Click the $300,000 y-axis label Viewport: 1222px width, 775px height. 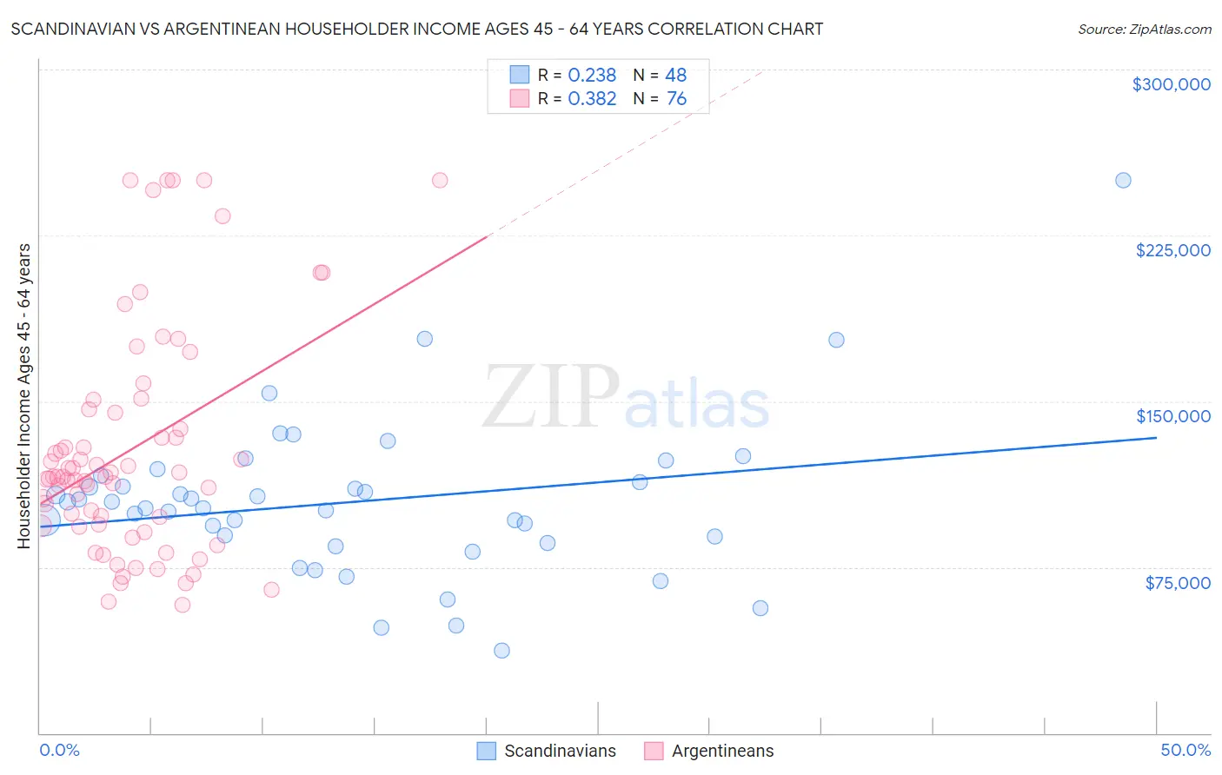(1171, 84)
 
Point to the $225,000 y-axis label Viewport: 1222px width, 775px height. (1172, 250)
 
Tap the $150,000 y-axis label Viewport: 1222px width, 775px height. (1172, 416)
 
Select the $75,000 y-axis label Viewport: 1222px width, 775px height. (1177, 583)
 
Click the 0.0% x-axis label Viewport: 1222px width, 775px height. (59, 750)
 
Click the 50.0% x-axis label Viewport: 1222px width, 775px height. (1185, 750)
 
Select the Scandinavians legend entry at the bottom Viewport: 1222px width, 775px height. (548, 751)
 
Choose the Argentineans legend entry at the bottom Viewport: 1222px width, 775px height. (709, 751)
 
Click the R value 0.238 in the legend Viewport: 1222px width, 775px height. (591, 76)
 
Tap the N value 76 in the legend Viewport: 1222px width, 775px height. (676, 99)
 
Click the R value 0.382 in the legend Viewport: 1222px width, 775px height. (591, 99)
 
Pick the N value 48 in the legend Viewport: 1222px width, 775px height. (675, 76)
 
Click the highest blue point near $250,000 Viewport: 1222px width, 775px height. (1123, 181)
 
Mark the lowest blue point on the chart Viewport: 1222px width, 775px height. (501, 651)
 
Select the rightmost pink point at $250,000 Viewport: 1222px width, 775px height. (440, 181)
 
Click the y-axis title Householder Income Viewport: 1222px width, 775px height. (23, 396)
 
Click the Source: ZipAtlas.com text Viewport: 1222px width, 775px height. (1144, 30)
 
